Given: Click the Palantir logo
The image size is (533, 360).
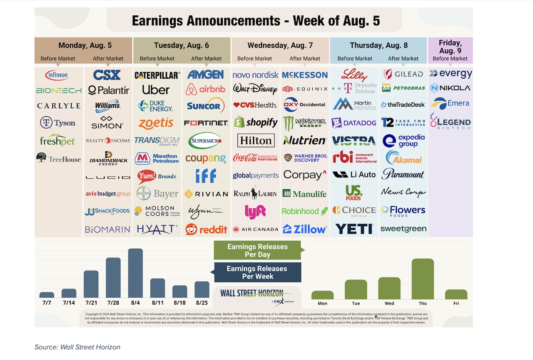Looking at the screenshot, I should [x=108, y=90].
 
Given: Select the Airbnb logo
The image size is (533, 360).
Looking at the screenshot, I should [x=206, y=89].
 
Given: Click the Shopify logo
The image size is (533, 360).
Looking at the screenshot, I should [x=256, y=122].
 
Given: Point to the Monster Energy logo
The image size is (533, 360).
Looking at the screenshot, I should [x=305, y=122].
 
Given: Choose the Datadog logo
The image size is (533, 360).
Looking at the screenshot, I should [x=354, y=123].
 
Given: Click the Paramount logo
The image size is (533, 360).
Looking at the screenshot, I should [x=403, y=174].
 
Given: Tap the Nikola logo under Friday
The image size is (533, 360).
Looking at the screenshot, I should [x=451, y=88].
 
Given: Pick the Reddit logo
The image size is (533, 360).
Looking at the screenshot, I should [x=207, y=229].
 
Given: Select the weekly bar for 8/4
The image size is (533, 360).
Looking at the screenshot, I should [x=135, y=273].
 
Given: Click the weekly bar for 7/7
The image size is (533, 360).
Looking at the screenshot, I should [x=47, y=295].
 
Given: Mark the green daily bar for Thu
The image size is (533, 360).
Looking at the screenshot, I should [x=423, y=279].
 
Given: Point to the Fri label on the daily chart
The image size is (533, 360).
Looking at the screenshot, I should [x=456, y=303].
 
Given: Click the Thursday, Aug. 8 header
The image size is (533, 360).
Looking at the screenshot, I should [x=378, y=45].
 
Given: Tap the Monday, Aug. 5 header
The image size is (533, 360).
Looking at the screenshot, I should [x=85, y=45].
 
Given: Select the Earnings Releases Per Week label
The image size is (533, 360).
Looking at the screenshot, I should [x=257, y=272].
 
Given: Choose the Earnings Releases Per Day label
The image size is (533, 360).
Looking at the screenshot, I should [x=257, y=250].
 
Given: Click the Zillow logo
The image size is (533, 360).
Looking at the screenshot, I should [x=305, y=229].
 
